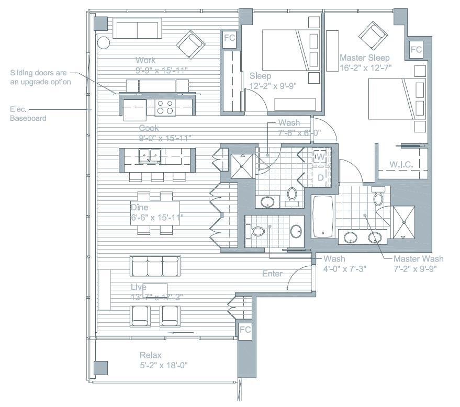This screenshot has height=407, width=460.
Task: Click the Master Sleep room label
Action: coord(364,58)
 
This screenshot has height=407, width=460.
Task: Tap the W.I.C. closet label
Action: coord(401,165)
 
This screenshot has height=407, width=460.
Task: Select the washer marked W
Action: coord(320,157)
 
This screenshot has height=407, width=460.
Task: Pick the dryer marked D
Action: coord(320,177)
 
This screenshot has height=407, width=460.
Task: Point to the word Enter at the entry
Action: coord(272,274)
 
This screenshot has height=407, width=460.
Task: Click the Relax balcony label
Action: coord(150,355)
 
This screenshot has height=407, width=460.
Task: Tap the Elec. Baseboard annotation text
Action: coord(28,114)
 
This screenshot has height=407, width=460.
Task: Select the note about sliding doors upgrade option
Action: coord(40,78)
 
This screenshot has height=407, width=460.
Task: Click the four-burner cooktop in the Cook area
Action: coord(165,107)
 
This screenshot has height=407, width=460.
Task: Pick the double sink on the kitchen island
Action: coord(150,155)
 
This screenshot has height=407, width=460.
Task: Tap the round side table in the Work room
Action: coord(103,42)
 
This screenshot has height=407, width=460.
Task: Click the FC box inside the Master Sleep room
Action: coord(416,50)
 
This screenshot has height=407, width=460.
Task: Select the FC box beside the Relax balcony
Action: coord(244,330)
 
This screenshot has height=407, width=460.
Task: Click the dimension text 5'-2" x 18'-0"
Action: coord(163,365)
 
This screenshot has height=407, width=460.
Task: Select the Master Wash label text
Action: coord(418,259)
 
